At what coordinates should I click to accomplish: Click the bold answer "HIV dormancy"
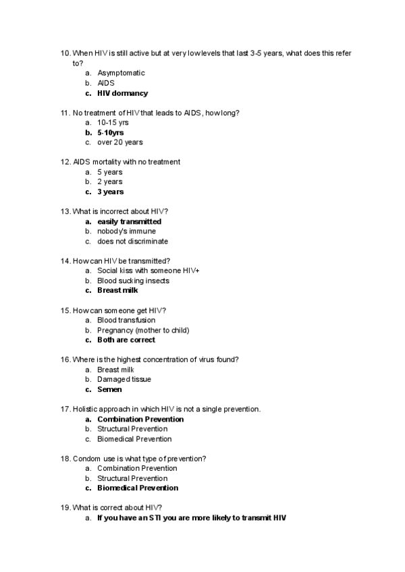click(x=122, y=93)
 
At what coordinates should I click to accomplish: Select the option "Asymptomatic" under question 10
click(x=121, y=73)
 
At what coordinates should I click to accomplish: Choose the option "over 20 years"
click(x=119, y=142)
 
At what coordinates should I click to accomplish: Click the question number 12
click(x=65, y=162)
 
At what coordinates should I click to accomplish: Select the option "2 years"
click(x=109, y=181)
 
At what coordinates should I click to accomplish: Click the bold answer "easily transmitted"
click(x=129, y=221)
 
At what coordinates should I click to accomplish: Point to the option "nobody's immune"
click(x=126, y=231)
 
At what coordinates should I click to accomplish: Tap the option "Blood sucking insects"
click(x=133, y=281)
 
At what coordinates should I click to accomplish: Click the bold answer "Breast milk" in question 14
click(x=117, y=291)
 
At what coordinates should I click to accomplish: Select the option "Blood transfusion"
click(x=126, y=320)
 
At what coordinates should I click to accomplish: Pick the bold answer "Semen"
click(x=109, y=389)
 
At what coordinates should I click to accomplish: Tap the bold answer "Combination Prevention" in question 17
click(x=140, y=419)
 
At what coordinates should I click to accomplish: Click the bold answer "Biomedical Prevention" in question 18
click(x=138, y=488)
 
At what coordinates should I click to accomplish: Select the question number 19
click(x=65, y=508)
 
